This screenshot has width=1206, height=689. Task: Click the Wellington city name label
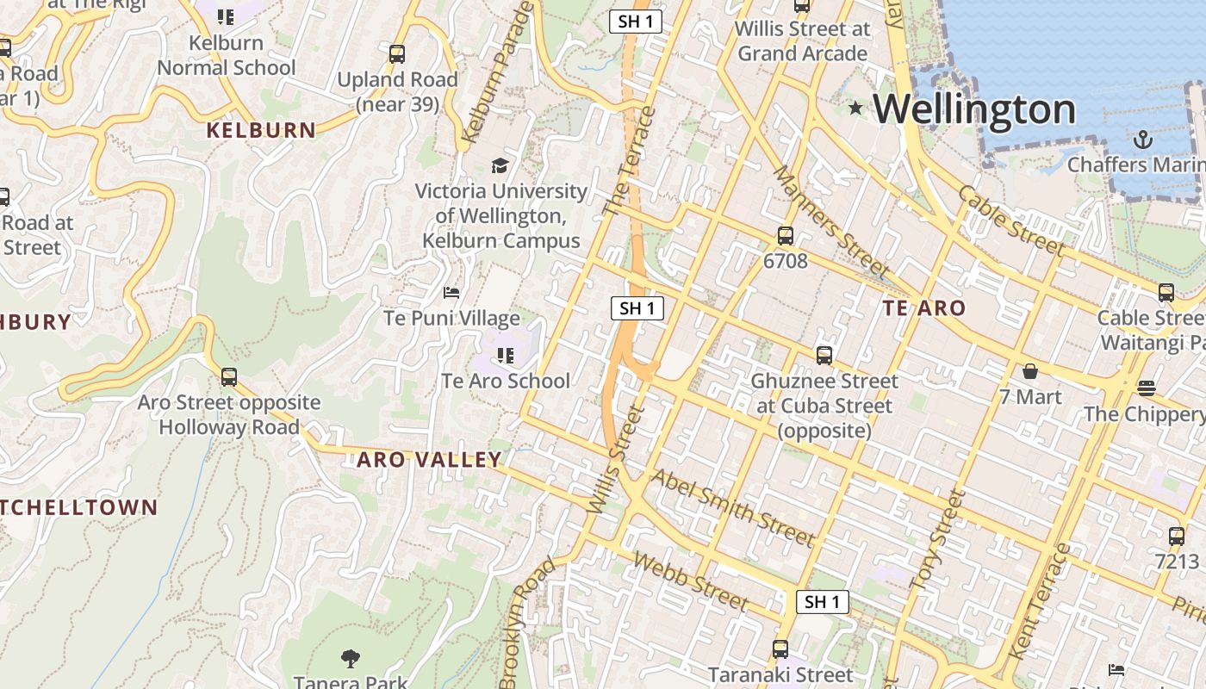pyautogui.click(x=974, y=109)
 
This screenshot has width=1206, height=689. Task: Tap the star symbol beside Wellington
pyautogui.click(x=855, y=108)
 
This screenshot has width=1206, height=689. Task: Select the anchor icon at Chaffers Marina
pyautogui.click(x=1142, y=139)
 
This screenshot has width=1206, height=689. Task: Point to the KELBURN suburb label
pyautogui.click(x=261, y=130)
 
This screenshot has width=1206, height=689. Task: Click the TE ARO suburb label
pyautogui.click(x=924, y=307)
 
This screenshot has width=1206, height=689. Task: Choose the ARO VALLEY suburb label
pyautogui.click(x=429, y=459)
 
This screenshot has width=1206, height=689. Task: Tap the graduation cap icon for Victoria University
pyautogui.click(x=500, y=165)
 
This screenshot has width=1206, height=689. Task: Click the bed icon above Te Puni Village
pyautogui.click(x=451, y=293)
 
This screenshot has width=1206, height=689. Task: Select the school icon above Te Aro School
pyautogui.click(x=506, y=355)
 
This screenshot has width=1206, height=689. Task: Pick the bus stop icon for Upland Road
pyautogui.click(x=397, y=53)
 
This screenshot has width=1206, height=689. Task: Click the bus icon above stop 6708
pyautogui.click(x=786, y=235)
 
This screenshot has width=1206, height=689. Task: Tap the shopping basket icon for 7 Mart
pyautogui.click(x=1030, y=371)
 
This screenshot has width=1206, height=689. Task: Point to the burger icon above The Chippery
pyautogui.click(x=1146, y=388)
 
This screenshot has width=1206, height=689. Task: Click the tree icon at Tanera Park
pyautogui.click(x=350, y=659)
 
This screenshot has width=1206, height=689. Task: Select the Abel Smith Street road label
pyautogui.click(x=733, y=508)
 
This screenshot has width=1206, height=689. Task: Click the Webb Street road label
pyautogui.click(x=689, y=581)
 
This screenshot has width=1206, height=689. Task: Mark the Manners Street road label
pyautogui.click(x=830, y=221)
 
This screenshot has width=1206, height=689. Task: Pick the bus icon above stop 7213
pyautogui.click(x=1177, y=536)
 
